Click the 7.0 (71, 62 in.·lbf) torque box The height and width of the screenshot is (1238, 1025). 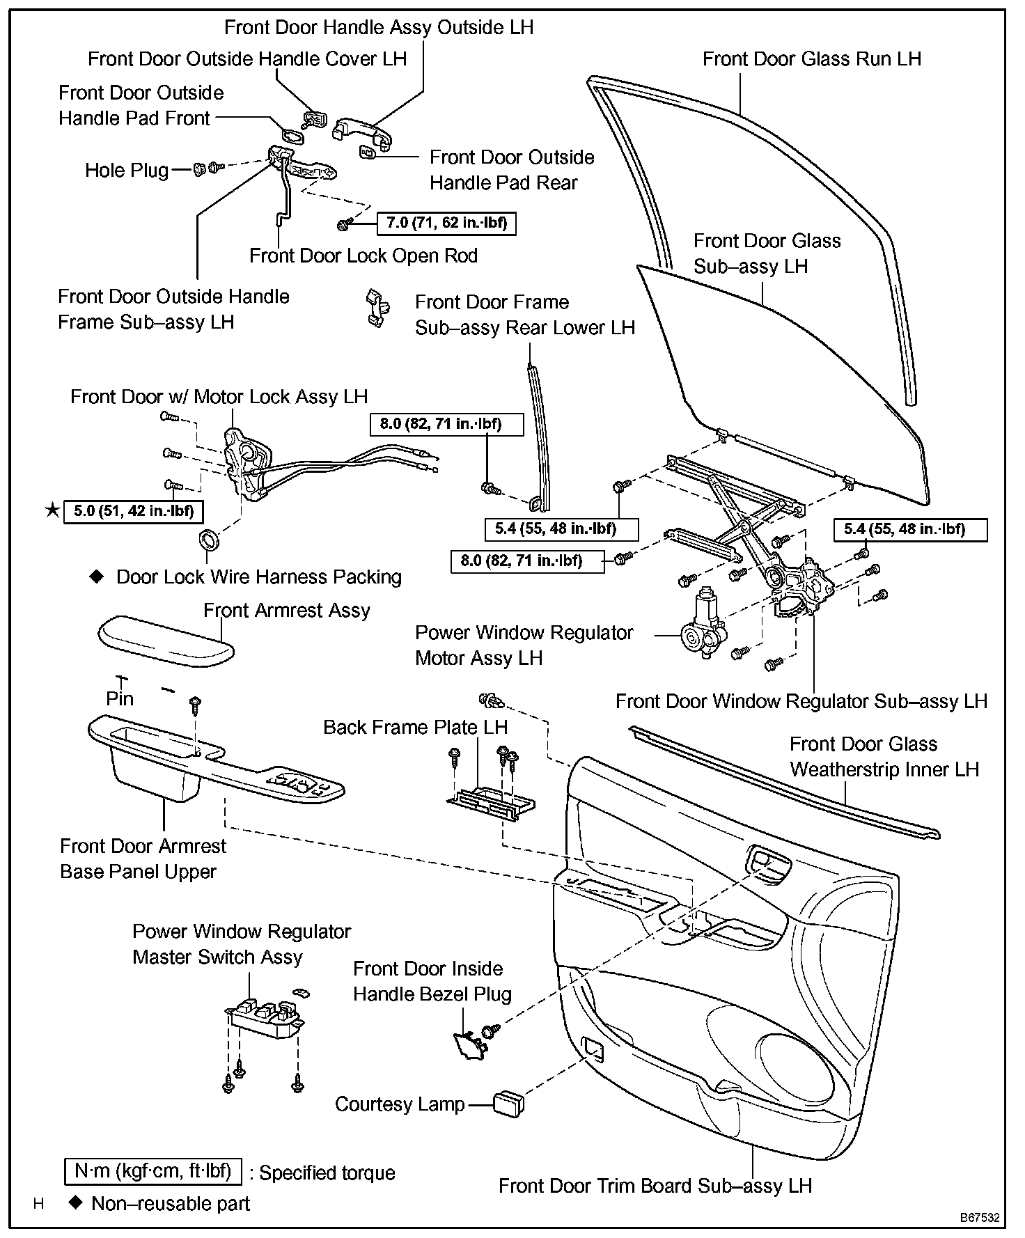[446, 224]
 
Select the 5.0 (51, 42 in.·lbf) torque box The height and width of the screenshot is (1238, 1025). [133, 511]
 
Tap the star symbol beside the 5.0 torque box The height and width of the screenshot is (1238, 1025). [52, 511]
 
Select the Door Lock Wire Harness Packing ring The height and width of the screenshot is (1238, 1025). [208, 540]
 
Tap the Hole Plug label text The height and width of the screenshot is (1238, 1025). [127, 171]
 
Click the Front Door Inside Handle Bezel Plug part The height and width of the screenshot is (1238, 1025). [469, 1047]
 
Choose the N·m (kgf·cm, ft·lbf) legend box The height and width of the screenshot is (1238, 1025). [152, 1171]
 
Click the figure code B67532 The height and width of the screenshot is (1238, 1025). [980, 1218]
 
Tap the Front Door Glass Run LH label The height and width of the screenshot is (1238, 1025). [811, 59]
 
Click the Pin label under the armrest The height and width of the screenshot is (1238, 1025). [119, 698]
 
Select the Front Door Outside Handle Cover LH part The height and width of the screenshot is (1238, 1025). [315, 119]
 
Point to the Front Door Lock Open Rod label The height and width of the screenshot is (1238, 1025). [363, 256]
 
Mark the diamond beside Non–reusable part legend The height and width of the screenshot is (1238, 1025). [76, 1202]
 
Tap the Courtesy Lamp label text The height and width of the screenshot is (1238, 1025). [400, 1104]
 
